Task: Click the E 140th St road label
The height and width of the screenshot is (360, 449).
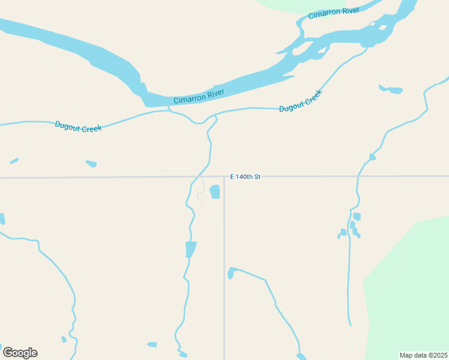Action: (x=246, y=177)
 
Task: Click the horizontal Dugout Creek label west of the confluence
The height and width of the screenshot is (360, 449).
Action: (x=78, y=126)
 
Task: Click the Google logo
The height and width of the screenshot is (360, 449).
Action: (x=20, y=352)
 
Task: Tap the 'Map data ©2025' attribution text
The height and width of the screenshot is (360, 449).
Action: (x=423, y=355)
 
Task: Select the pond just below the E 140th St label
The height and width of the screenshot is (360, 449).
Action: (x=214, y=191)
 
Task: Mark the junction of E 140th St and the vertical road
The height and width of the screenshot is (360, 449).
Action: (x=224, y=177)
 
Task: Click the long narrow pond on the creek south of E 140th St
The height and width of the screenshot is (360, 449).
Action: (x=191, y=248)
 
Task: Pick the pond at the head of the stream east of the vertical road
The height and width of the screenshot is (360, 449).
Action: (x=231, y=273)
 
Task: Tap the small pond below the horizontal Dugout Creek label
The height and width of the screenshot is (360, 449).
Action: (x=91, y=163)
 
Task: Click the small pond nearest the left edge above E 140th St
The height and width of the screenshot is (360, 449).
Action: (x=14, y=161)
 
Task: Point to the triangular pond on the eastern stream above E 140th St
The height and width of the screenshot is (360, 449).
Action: (x=372, y=157)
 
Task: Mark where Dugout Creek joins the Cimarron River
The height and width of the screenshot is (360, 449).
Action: (x=170, y=109)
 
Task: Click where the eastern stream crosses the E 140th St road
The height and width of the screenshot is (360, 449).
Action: (x=358, y=176)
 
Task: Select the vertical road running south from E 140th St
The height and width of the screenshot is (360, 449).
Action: (x=224, y=270)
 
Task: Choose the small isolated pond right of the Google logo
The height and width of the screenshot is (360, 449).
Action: (x=64, y=339)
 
